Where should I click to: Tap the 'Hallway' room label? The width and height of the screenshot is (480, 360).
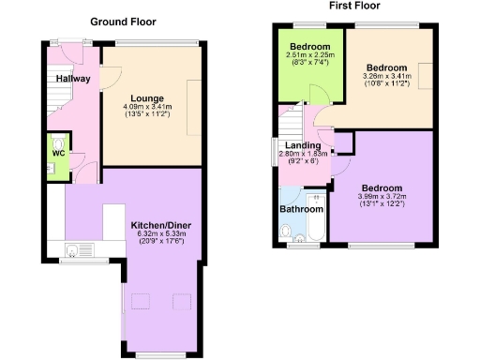(x=72, y=79)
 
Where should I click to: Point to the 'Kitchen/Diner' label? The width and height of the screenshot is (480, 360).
(x=161, y=226)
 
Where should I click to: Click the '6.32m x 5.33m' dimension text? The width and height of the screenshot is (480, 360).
(x=161, y=235)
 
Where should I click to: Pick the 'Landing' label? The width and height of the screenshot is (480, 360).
(x=303, y=146)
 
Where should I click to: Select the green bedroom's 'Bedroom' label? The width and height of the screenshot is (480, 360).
(x=307, y=46)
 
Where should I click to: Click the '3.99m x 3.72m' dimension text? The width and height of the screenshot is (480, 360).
(x=384, y=195)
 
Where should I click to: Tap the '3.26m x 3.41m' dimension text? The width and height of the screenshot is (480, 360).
(x=386, y=79)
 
